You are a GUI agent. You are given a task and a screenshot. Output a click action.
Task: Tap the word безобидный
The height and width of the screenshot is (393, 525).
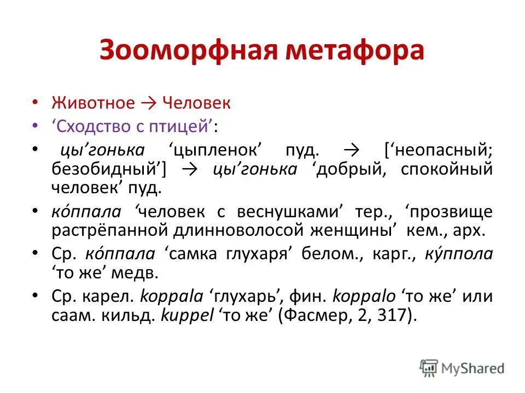[x=108, y=169]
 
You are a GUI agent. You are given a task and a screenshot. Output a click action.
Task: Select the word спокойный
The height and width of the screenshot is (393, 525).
[x=447, y=169]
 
